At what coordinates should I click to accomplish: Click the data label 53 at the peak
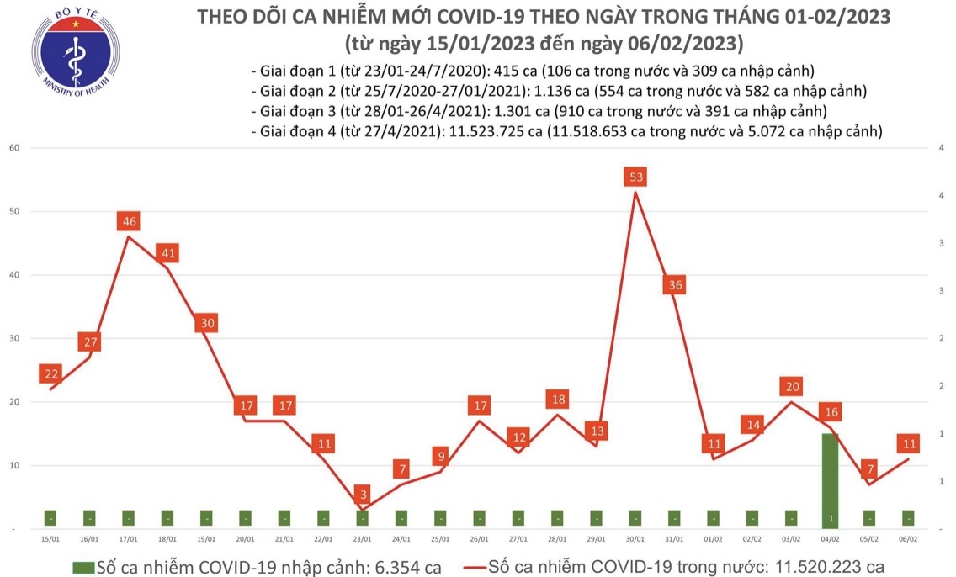pos(635,177)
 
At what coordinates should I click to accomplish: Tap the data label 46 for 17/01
pos(129,222)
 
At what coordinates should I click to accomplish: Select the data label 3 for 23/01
pos(362,494)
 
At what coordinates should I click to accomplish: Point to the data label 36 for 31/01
pos(674,285)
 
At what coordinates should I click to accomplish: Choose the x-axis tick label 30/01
pos(635,538)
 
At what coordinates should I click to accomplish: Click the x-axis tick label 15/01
pos(50,538)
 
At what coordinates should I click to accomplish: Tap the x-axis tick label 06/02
pos(908,538)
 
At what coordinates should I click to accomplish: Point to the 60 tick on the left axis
pos(14,148)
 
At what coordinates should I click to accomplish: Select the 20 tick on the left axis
pos(14,402)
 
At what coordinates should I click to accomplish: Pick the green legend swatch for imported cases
pos(83,566)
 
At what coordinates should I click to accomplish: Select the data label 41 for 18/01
pos(167,253)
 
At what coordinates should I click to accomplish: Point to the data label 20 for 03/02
pos(791,387)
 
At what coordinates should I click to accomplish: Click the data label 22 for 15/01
pos(50,374)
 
